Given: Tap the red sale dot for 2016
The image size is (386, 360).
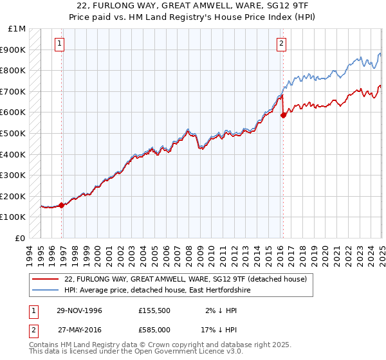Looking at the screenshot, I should (284, 116).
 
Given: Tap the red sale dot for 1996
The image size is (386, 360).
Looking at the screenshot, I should (62, 205).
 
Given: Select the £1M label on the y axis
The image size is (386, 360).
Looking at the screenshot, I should (17, 29).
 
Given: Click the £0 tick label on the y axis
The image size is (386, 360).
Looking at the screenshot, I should (21, 238).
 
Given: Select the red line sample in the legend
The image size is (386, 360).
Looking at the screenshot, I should (46, 279).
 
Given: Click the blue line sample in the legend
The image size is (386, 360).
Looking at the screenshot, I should (46, 291).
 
